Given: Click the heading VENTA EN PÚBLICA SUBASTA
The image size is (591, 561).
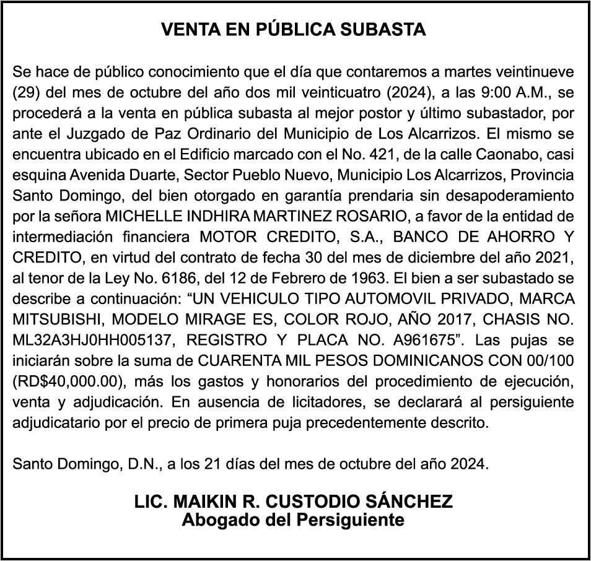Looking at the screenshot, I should tap(294, 29).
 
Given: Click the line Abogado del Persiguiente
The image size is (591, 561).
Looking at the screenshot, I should tap(293, 520).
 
